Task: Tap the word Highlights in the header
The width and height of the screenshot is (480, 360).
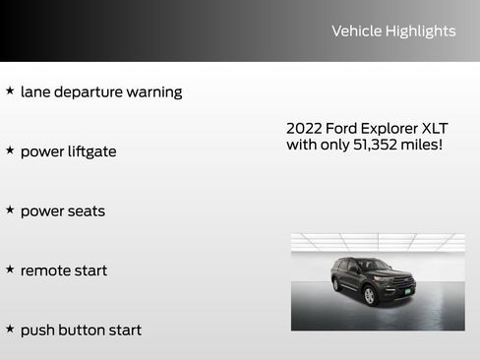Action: pyautogui.click(x=420, y=31)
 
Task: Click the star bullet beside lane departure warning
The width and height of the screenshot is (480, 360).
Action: pyautogui.click(x=10, y=90)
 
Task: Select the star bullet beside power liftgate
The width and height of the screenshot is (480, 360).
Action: pyautogui.click(x=10, y=150)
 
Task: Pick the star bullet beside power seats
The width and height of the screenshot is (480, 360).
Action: pyautogui.click(x=10, y=210)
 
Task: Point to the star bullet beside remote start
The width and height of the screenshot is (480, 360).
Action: pyautogui.click(x=10, y=269)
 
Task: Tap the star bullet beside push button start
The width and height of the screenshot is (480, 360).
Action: pyautogui.click(x=10, y=329)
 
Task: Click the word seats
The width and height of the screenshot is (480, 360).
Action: pyautogui.click(x=86, y=211)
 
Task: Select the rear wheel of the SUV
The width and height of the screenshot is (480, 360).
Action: pyautogui.click(x=337, y=285)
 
